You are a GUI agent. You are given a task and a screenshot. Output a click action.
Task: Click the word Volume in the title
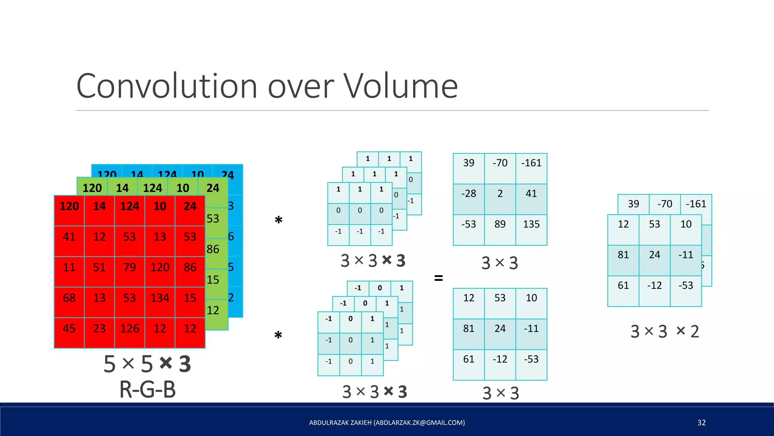click(400, 87)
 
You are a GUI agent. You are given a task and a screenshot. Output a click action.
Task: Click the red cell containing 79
click(130, 268)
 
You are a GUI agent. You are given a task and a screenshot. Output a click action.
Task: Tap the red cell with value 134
click(160, 298)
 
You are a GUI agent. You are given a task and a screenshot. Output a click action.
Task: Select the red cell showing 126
click(130, 329)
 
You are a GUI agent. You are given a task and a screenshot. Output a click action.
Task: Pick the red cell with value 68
click(69, 298)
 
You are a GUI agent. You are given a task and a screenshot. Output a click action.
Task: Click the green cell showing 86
click(213, 249)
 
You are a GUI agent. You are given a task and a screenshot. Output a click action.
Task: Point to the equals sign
click(438, 279)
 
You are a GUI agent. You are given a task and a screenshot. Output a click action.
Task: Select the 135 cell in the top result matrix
click(531, 224)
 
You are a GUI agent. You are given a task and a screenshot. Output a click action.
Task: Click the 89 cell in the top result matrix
click(500, 224)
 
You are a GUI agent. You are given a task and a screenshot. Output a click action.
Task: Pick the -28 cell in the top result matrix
click(469, 194)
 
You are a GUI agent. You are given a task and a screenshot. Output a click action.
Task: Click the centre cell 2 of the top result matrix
click(500, 194)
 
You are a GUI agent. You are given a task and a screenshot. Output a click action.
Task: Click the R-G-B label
click(147, 390)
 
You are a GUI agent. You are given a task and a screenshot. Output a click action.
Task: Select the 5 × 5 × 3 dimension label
click(147, 364)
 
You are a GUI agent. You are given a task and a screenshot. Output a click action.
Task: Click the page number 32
click(701, 423)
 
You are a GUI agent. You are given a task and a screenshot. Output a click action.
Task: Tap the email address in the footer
click(420, 423)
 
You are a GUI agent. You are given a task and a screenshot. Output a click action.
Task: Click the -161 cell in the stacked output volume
click(696, 204)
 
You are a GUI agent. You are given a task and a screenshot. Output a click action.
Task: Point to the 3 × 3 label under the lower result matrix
click(501, 394)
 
